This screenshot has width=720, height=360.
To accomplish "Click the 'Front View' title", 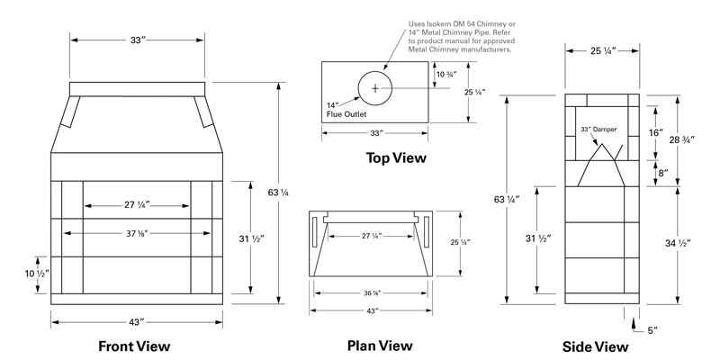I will pyautogui.click(x=136, y=346).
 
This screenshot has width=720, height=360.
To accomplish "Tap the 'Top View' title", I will pyautogui.click(x=396, y=158).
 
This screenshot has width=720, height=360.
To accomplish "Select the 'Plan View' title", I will pyautogui.click(x=380, y=346).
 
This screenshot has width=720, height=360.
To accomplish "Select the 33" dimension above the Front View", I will pyautogui.click(x=138, y=40).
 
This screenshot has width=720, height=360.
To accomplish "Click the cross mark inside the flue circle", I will pyautogui.click(x=375, y=87).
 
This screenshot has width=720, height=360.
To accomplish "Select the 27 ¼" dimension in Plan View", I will pyautogui.click(x=372, y=236).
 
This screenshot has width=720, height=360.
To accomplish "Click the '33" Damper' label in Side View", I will pyautogui.click(x=598, y=130).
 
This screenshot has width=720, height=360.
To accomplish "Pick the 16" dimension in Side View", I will pyautogui.click(x=655, y=132).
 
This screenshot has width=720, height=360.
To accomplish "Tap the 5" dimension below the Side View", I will pyautogui.click(x=652, y=330).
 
